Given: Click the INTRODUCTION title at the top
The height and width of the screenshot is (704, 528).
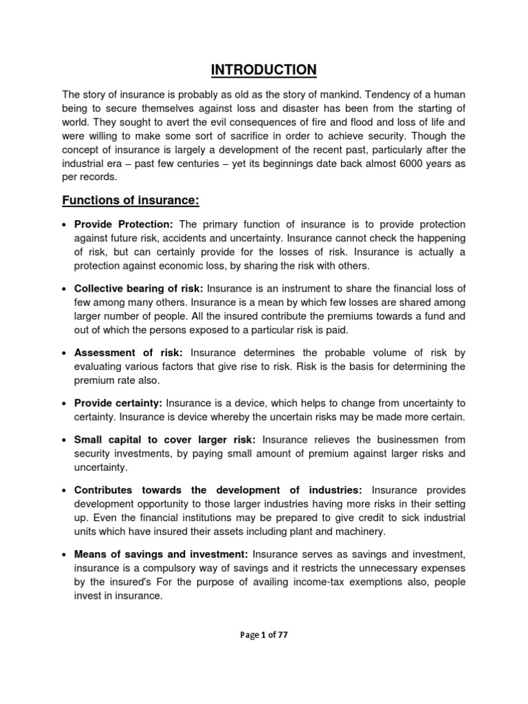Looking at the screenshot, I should coord(264,69).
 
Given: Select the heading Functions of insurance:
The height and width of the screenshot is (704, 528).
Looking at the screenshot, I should coord(131,200).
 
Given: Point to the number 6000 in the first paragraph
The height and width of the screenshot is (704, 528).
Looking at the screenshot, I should coord(400,164).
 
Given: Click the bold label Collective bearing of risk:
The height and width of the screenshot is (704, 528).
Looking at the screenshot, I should coord(138,288).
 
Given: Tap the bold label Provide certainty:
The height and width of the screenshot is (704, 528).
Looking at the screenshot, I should coord(118,403).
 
